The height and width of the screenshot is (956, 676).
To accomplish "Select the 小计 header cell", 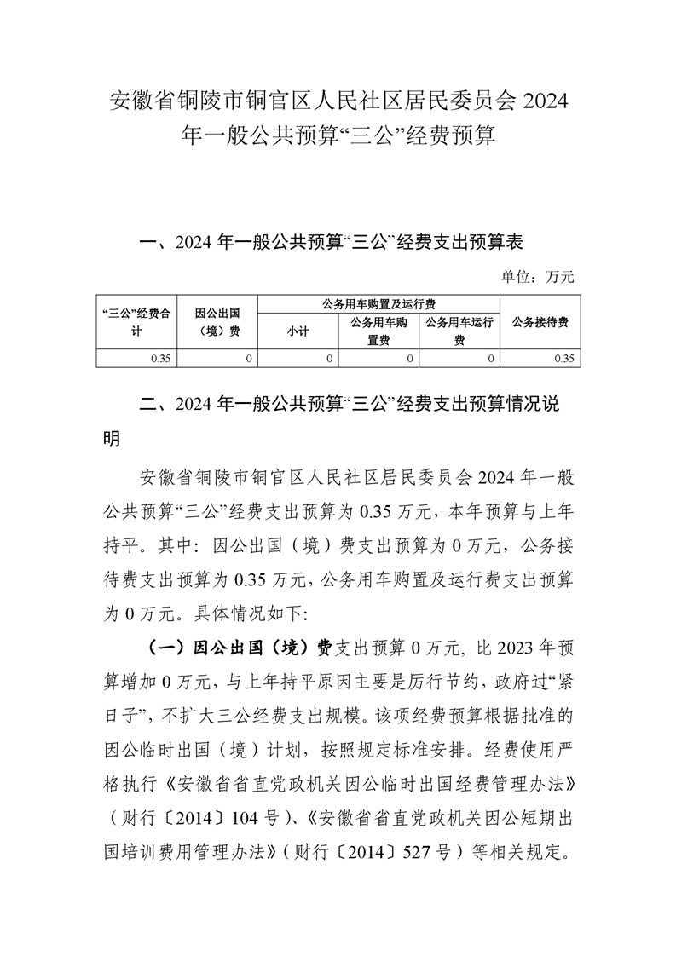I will (298, 332).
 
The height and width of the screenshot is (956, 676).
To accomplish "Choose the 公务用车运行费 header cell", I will (459, 331).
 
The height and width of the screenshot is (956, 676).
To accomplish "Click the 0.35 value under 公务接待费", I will (563, 359).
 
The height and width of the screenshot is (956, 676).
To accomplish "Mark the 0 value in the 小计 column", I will (329, 359).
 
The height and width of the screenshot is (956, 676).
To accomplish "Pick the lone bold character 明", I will (113, 438).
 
